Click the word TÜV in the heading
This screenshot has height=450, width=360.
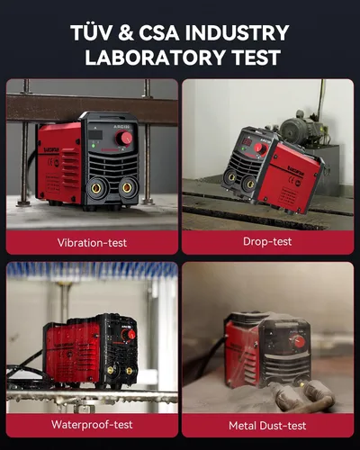coord(92,32)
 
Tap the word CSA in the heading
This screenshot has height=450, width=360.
coord(158,32)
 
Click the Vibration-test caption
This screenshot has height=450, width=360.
coord(92,242)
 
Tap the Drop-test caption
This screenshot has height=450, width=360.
coord(267,241)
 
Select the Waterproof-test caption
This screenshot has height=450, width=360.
coord(92,425)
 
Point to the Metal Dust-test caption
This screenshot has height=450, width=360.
coord(267,426)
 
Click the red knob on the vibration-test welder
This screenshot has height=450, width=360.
coord(124,138)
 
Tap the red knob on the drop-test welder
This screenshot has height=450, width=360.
coord(260,148)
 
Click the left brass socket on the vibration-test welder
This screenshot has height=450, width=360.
coord(96,188)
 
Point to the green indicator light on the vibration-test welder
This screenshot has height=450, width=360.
coord(94,146)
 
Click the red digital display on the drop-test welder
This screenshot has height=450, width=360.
coord(247,141)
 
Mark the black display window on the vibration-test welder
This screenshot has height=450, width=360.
coord(95,135)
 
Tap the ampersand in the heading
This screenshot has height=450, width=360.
coord(126,32)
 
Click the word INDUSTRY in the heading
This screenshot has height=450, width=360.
coord(237,32)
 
